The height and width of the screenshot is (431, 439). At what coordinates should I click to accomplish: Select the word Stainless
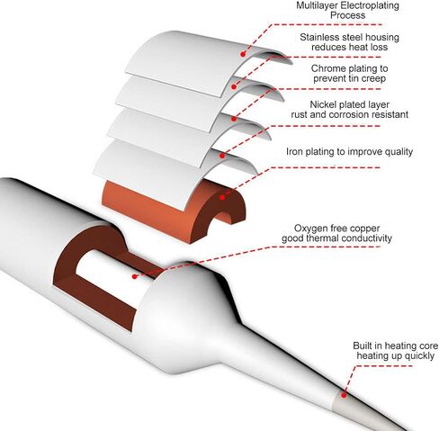click(320, 37)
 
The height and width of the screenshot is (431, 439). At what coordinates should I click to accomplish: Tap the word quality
click(399, 152)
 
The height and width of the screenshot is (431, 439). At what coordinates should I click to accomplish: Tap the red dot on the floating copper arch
click(222, 198)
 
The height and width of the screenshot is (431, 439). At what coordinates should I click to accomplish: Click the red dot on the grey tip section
click(344, 395)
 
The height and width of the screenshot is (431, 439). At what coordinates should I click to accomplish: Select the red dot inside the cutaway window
click(135, 276)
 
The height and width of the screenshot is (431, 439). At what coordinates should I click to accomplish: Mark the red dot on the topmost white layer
click(243, 54)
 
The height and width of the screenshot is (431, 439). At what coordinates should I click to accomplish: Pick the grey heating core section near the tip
click(360, 407)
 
